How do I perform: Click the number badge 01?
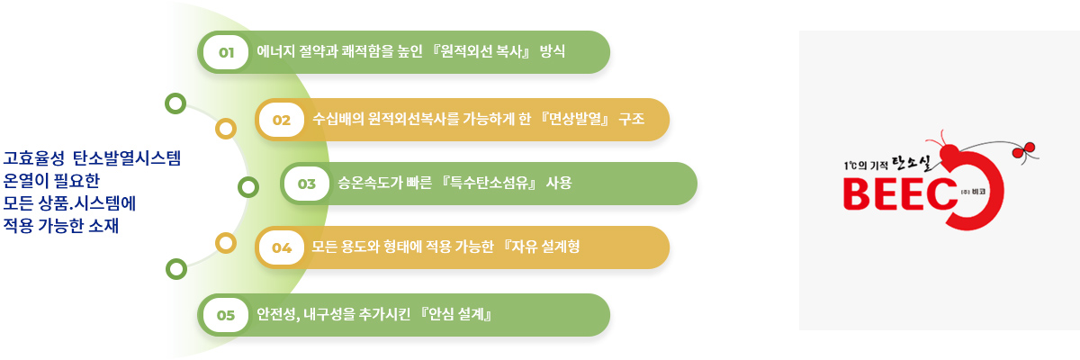tap(226, 52)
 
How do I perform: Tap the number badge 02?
tap(282, 120)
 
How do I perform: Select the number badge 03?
tap(307, 184)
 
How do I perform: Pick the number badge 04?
tap(282, 247)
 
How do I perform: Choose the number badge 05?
tap(226, 315)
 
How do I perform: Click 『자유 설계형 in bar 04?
tap(541, 247)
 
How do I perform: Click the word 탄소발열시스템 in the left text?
tap(127, 158)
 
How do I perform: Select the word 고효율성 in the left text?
tap(34, 158)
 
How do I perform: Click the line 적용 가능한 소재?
tap(61, 226)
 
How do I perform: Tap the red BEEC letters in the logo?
tap(900, 193)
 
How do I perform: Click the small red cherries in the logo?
tap(1023, 150)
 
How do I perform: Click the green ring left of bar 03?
tap(248, 187)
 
